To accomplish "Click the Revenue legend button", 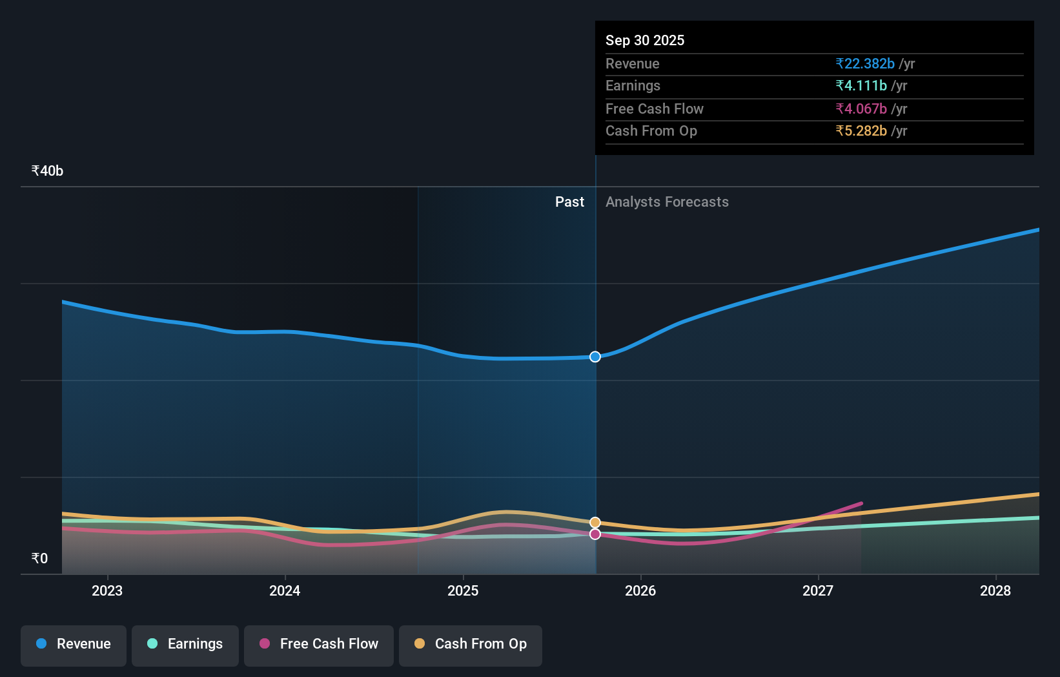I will click(x=74, y=645).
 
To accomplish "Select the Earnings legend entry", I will click(x=185, y=645).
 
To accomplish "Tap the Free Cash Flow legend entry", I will click(x=319, y=645).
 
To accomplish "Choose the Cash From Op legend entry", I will click(x=471, y=645).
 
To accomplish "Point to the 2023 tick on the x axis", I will click(x=107, y=590).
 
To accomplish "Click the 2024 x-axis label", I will click(x=285, y=590).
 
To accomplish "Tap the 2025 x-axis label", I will click(x=463, y=590).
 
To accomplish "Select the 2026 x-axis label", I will click(x=640, y=590).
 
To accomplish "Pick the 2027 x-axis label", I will click(x=818, y=590).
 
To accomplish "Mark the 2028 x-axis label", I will click(x=995, y=590).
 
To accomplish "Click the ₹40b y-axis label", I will click(x=47, y=171).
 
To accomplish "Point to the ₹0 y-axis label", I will click(x=39, y=559).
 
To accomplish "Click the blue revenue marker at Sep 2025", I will click(x=595, y=357).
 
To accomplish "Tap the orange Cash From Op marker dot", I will click(x=595, y=522).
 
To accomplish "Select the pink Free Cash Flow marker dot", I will click(x=595, y=534).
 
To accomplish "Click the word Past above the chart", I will click(x=569, y=202).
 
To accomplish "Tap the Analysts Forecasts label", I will click(x=667, y=202).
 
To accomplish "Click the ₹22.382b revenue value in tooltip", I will click(x=865, y=64).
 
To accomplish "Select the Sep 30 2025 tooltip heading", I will click(x=645, y=41).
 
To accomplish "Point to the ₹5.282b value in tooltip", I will click(x=861, y=131).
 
